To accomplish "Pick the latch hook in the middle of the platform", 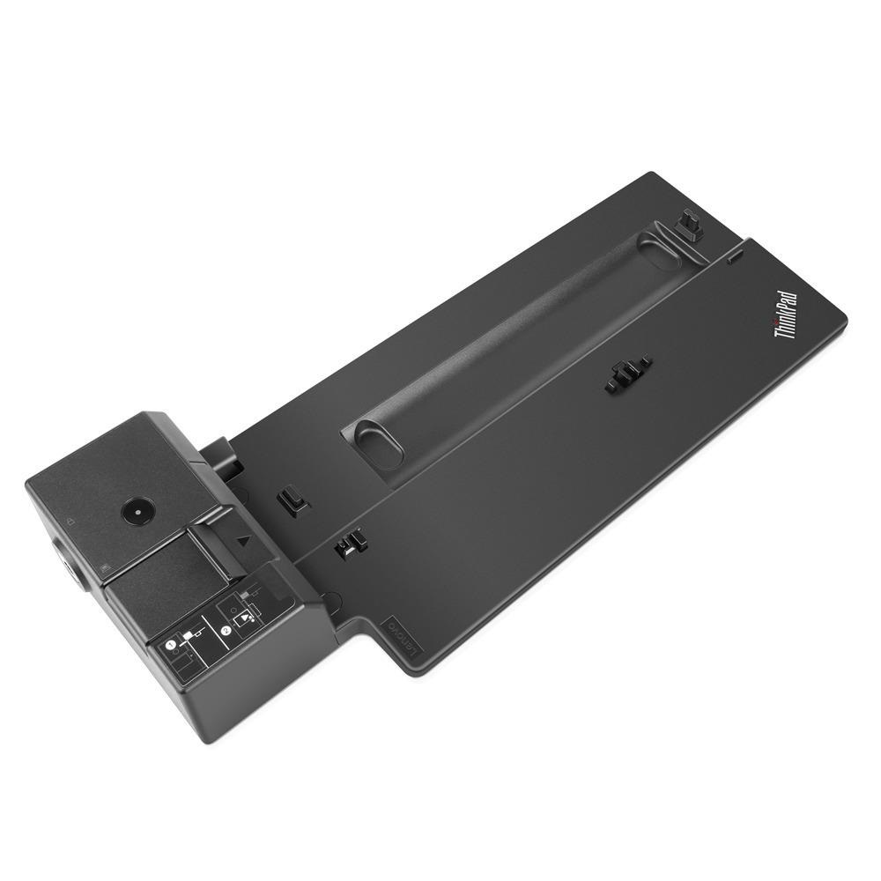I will [628, 374].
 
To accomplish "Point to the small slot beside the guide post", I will [734, 255].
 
